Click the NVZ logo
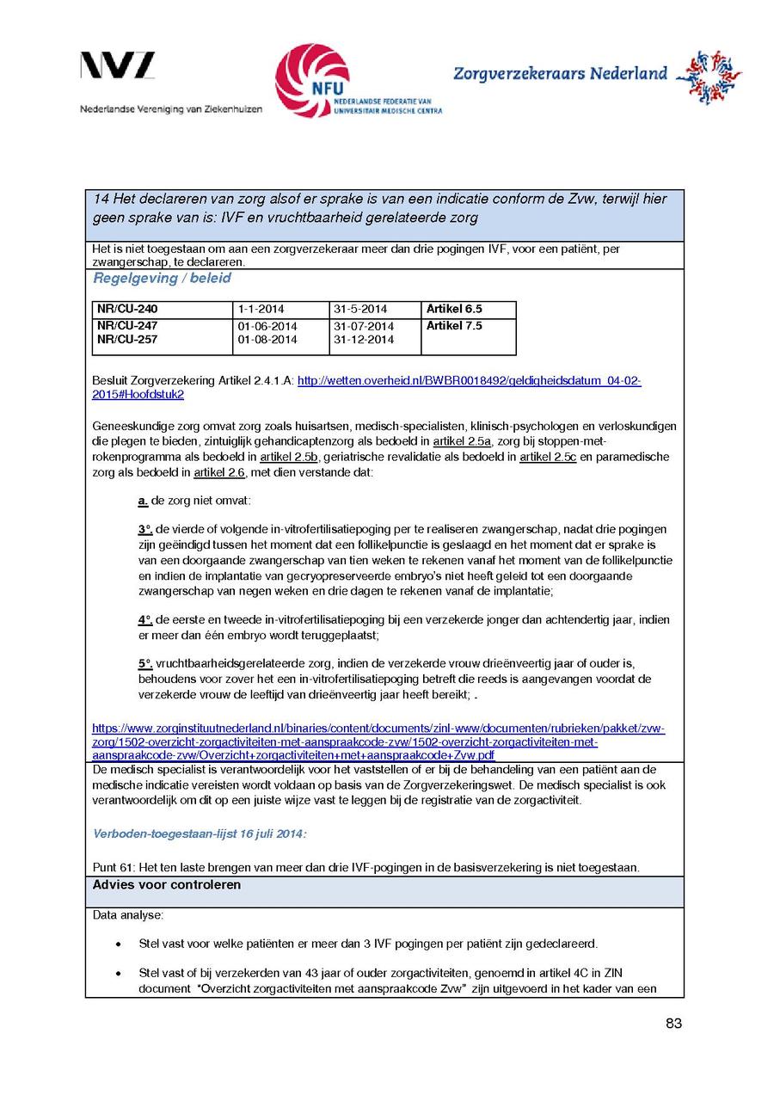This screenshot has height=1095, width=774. (x=118, y=66)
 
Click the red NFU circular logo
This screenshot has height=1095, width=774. (x=311, y=80)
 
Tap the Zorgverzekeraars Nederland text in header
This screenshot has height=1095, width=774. (x=560, y=74)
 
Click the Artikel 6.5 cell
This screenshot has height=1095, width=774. (x=454, y=309)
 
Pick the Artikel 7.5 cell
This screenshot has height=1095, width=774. (x=454, y=326)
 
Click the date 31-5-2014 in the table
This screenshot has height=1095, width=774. (x=360, y=309)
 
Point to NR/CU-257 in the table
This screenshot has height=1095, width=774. (x=127, y=340)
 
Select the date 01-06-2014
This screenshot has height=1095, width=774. (x=267, y=326)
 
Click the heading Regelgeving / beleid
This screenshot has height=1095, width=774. (x=162, y=279)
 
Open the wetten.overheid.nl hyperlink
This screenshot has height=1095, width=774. (x=469, y=380)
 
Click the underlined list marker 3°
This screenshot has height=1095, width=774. (x=144, y=529)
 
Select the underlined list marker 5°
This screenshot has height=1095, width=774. (x=144, y=663)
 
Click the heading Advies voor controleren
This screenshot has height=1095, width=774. (x=167, y=885)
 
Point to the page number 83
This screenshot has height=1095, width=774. (x=673, y=1024)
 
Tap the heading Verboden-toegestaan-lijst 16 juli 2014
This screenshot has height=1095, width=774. (x=200, y=834)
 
